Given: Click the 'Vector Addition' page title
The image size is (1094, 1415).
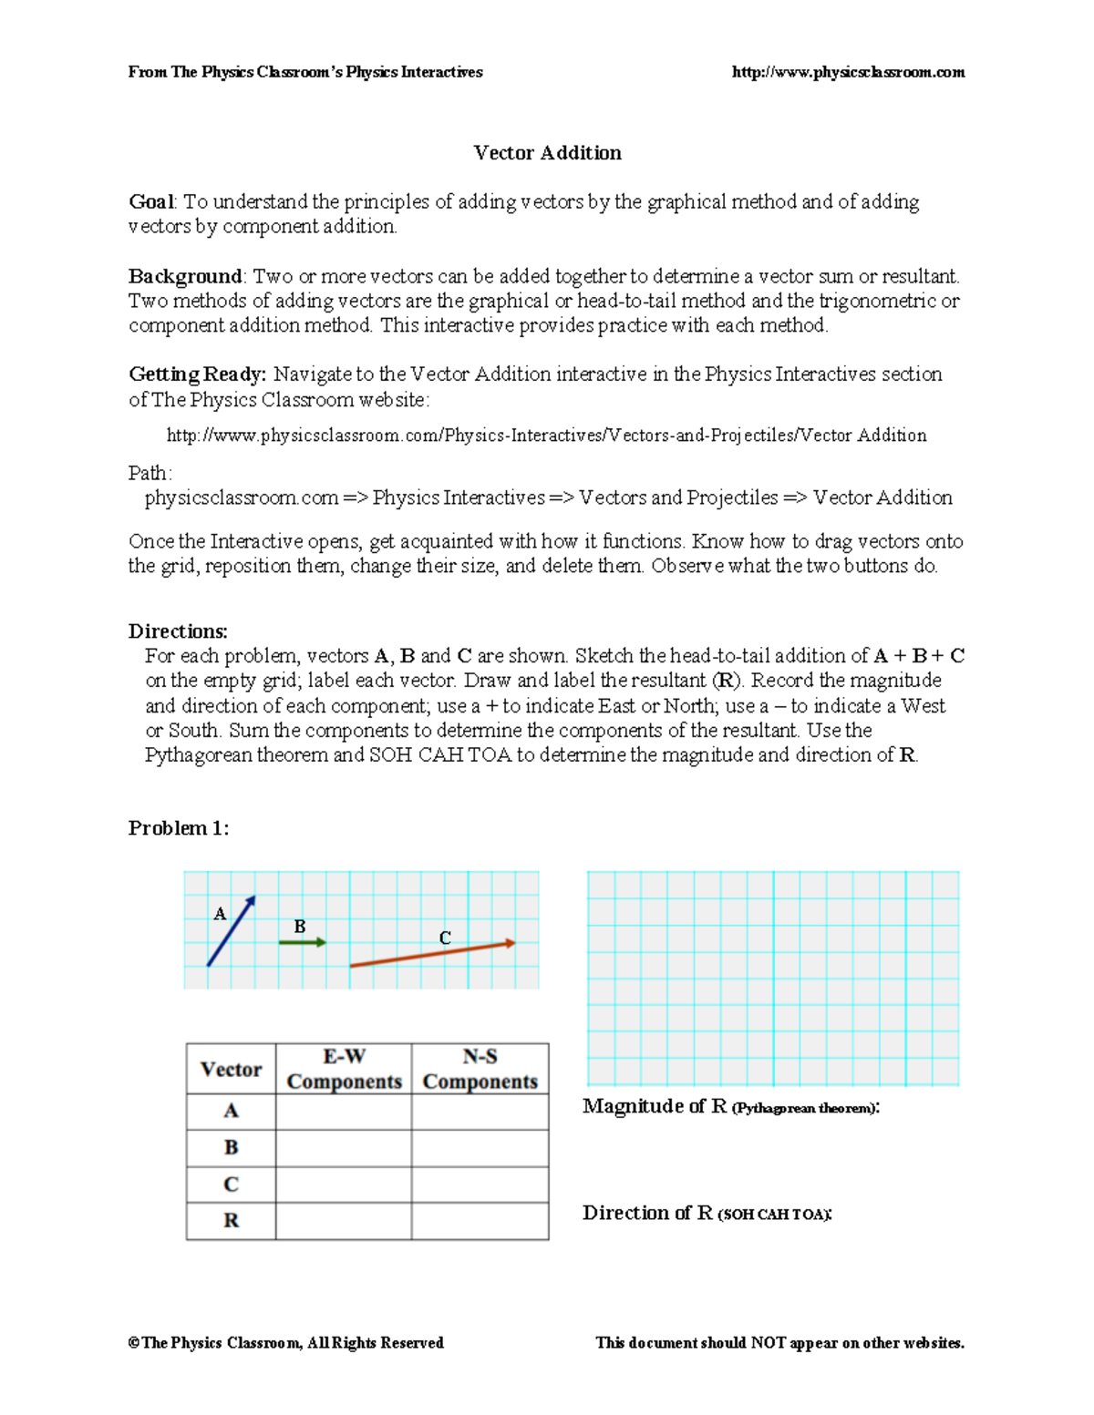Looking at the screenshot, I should pos(547,153).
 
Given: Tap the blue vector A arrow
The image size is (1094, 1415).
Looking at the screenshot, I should pos(231,931).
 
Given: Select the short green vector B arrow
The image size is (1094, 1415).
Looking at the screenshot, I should pos(302,942).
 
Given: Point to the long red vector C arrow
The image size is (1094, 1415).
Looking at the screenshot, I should pos(432,954).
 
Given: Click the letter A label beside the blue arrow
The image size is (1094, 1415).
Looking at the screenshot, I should pos(220,914).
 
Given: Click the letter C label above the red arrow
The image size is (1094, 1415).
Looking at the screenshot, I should pos(445,938).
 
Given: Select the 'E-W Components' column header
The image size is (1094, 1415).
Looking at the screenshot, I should pos(344,1069).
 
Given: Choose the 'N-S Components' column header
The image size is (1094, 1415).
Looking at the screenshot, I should pos(480,1069).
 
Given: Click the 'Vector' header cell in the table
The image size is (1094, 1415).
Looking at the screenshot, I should pos(231,1070).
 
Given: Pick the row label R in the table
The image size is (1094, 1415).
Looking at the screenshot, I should pos(231,1221).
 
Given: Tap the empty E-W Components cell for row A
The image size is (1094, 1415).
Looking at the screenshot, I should pos(344,1112).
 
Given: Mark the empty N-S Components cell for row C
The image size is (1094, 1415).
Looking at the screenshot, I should pos(480,1184).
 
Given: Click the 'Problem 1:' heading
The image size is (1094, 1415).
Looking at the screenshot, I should pos(179,828).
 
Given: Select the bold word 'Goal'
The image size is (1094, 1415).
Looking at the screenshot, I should pos(151,202).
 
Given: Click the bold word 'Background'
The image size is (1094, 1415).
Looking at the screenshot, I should pos(185,277).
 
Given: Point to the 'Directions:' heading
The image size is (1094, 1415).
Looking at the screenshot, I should pos(178,631).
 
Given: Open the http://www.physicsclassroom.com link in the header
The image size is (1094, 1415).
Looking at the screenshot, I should pos(848,73).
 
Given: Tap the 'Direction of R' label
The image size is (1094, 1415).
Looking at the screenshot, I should pos(647,1214).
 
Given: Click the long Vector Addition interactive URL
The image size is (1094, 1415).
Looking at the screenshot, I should pos(546,436).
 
